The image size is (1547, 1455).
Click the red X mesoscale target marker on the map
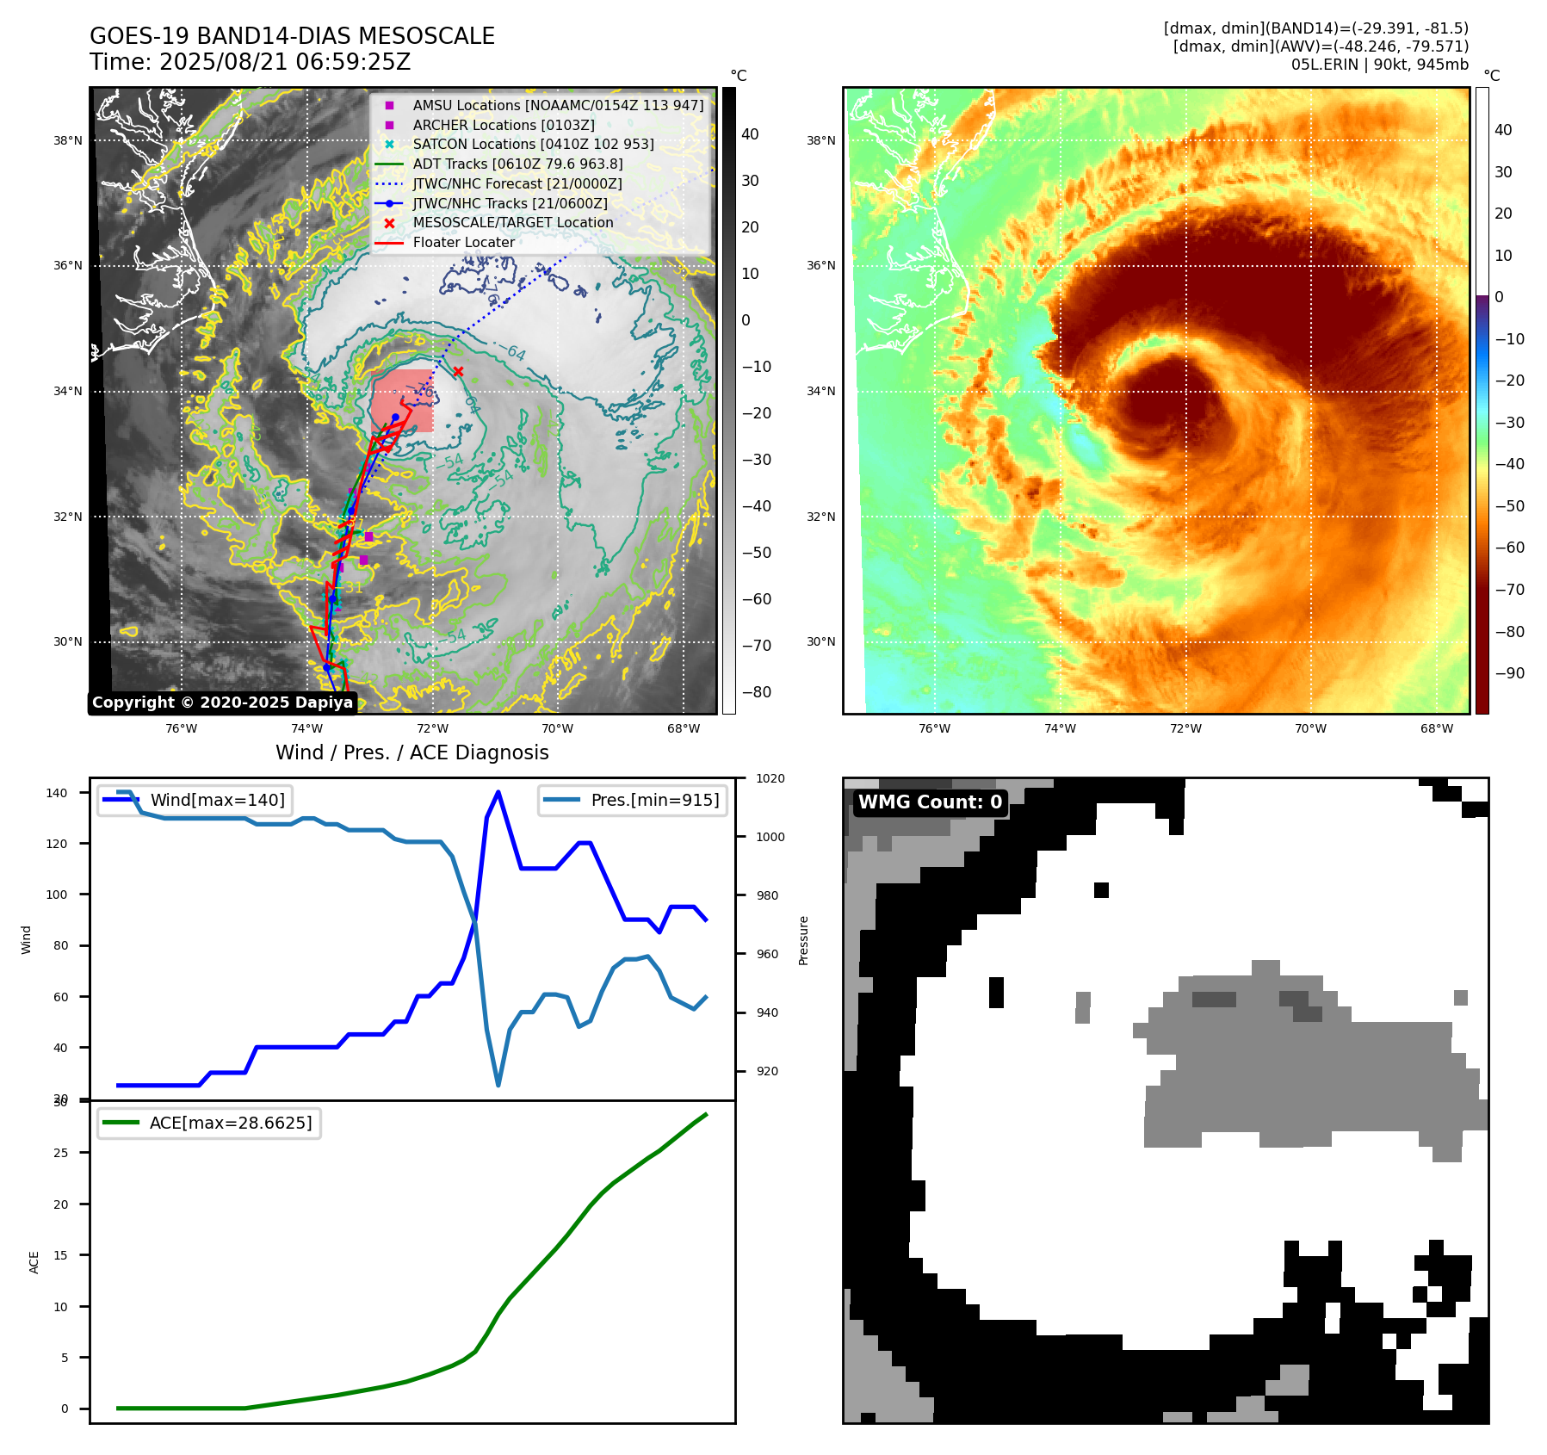click(x=458, y=372)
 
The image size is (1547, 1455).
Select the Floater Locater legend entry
click(x=463, y=242)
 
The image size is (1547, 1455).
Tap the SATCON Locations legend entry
click(x=533, y=144)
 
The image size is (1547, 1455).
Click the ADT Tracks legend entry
click(x=517, y=164)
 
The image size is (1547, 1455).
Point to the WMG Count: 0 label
click(x=930, y=802)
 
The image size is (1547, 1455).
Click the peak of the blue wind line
click(x=498, y=792)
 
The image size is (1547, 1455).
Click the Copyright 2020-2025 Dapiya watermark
click(x=222, y=703)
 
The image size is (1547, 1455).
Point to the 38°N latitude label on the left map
click(x=68, y=140)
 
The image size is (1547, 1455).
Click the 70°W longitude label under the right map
click(x=1311, y=728)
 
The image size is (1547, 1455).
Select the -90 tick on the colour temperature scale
click(x=1509, y=673)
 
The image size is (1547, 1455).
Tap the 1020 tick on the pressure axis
click(x=770, y=778)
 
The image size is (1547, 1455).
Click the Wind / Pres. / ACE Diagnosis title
click(x=412, y=752)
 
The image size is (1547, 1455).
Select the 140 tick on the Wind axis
click(x=57, y=793)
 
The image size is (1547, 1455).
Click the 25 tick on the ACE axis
click(x=60, y=1153)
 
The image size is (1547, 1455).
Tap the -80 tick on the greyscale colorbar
click(x=757, y=692)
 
